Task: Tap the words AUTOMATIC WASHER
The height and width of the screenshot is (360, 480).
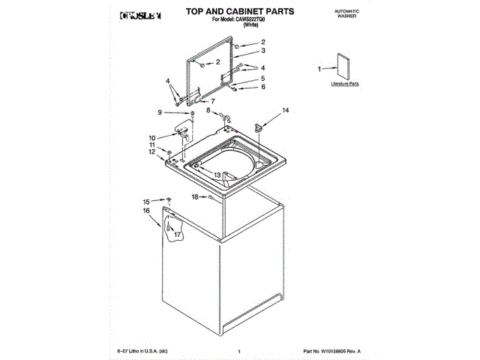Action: pos(347,14)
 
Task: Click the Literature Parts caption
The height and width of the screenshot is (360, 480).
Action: pos(344,85)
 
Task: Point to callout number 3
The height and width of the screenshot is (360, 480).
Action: pos(263,51)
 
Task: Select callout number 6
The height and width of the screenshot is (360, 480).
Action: pos(263,87)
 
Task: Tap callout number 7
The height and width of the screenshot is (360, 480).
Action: pos(212,100)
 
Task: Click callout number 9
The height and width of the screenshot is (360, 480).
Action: pos(160,112)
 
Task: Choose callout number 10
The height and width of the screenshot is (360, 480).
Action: pos(151,137)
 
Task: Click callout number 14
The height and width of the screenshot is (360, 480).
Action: pos(285,110)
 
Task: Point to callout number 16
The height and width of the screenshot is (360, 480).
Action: pos(147,211)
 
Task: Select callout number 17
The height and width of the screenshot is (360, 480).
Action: pos(177,235)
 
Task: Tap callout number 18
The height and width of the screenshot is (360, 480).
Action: pos(193,196)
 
